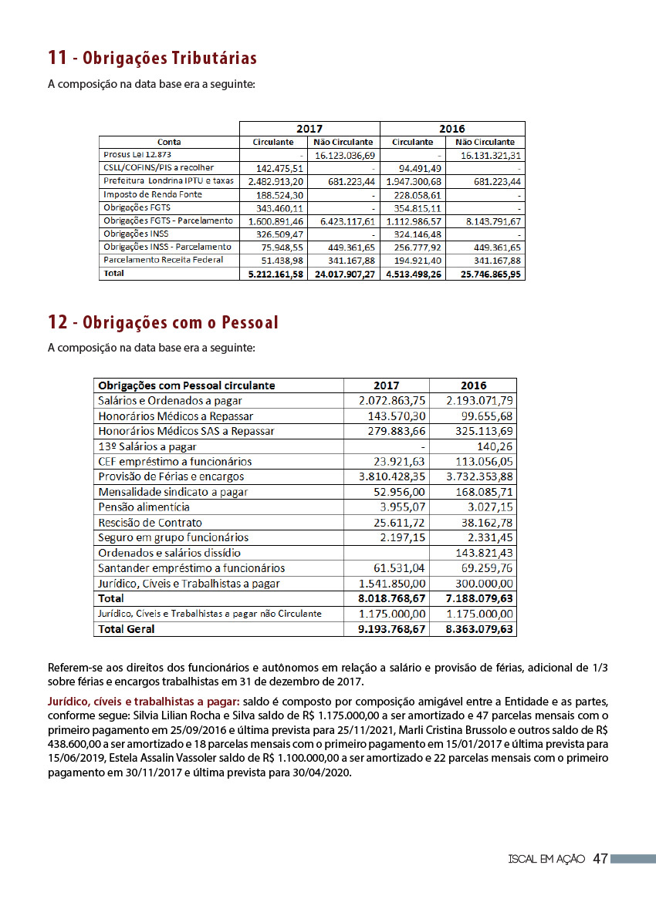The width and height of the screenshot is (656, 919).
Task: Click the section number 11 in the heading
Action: pos(57,58)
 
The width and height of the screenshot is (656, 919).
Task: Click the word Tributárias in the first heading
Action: pos(215,59)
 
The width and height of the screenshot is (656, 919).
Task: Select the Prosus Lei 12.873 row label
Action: pos(132,155)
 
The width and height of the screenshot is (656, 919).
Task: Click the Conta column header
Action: pos(169,142)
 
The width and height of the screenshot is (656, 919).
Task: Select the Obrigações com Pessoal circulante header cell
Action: pos(187,385)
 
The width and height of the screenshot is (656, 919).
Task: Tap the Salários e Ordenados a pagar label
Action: pos(170,401)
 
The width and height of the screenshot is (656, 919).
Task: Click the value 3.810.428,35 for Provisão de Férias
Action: pos(392,476)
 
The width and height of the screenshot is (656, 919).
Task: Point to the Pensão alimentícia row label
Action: pos(144,507)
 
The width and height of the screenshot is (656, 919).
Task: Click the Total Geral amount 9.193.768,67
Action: pos(392,629)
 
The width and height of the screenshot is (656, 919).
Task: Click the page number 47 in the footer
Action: pos(600,859)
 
